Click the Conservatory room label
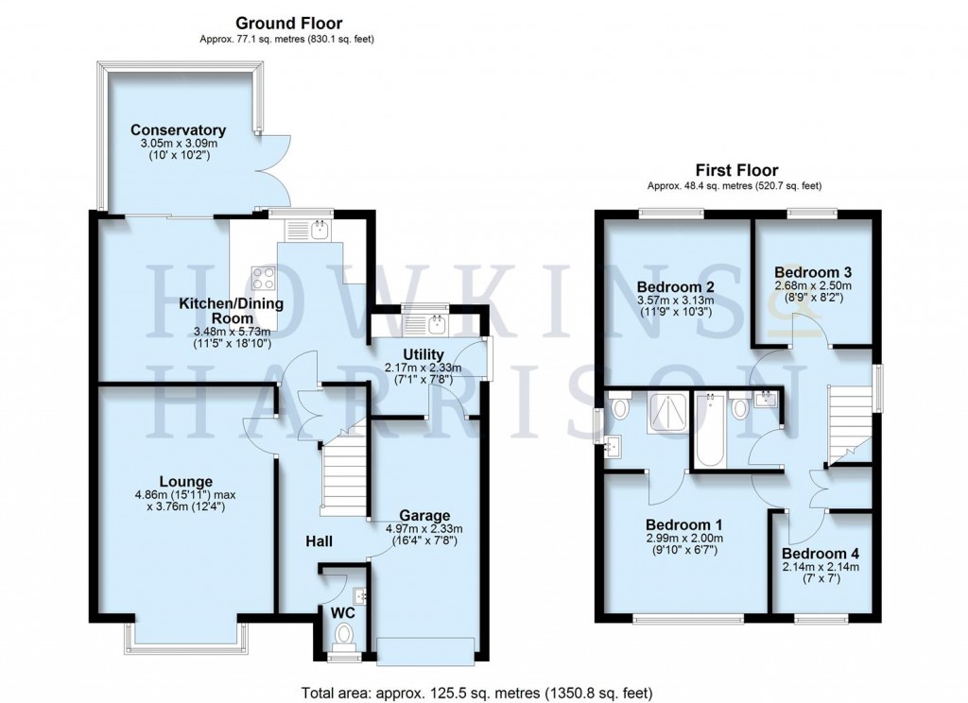178,129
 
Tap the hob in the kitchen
263,278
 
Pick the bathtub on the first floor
708,433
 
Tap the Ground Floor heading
288,23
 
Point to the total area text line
475,691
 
